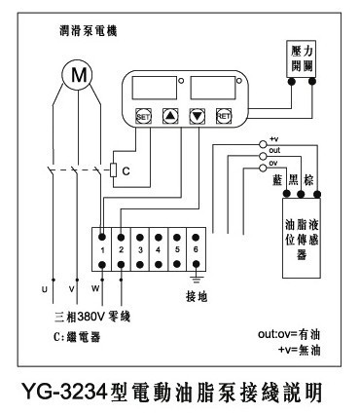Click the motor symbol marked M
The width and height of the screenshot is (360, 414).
tap(78, 75)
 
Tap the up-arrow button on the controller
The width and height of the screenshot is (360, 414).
tap(170, 116)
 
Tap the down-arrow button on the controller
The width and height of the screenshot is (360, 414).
tap(198, 116)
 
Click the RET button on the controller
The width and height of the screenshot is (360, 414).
tap(224, 116)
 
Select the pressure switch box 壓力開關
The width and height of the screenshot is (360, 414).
tap(302, 58)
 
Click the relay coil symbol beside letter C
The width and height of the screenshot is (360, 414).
tap(113, 169)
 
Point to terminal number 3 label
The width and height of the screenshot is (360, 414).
tap(140, 250)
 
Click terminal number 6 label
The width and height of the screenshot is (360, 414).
tap(196, 249)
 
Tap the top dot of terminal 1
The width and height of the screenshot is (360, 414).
tap(102, 238)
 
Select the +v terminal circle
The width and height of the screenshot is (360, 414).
tap(263, 144)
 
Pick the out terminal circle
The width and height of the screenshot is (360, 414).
tap(263, 156)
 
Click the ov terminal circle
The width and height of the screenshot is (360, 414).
tap(263, 168)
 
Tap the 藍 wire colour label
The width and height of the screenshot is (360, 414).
tap(277, 180)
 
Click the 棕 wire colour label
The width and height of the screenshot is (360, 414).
tap(308, 180)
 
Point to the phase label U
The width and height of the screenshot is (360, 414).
tap(45, 289)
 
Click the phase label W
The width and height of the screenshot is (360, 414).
tap(95, 288)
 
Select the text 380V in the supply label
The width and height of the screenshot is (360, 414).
tap(91, 317)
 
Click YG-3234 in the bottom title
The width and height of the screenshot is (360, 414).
tap(64, 392)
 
